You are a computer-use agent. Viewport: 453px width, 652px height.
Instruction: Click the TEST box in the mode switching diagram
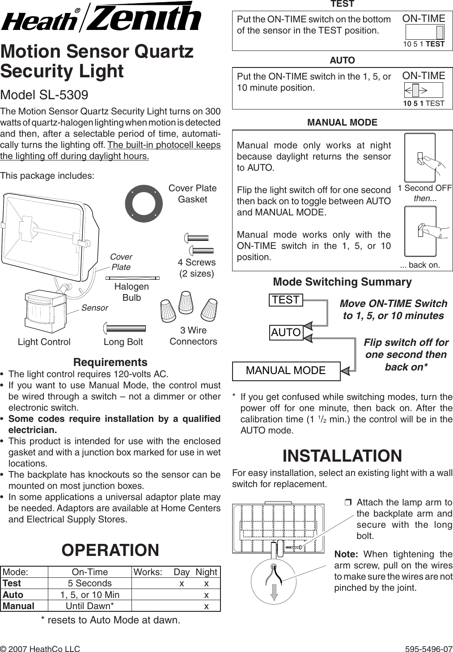click(286, 300)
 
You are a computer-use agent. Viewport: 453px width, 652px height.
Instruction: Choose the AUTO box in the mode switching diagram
click(286, 332)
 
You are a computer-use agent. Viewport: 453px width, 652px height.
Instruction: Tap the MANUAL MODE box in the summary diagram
click(286, 370)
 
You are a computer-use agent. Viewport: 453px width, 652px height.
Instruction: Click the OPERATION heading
click(110, 550)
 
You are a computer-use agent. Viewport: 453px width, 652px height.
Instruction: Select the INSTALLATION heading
click(342, 456)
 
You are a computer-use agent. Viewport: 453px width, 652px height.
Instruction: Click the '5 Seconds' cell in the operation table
click(90, 583)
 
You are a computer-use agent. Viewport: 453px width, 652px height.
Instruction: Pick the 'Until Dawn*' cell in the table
click(90, 606)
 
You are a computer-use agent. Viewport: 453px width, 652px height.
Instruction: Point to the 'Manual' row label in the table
click(19, 606)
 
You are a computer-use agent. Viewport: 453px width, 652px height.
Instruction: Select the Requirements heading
click(110, 362)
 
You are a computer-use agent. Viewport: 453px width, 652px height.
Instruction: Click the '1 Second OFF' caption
click(425, 188)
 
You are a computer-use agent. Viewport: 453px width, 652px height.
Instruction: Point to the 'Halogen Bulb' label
click(131, 292)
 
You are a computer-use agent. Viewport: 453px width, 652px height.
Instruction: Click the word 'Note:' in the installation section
click(346, 554)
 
